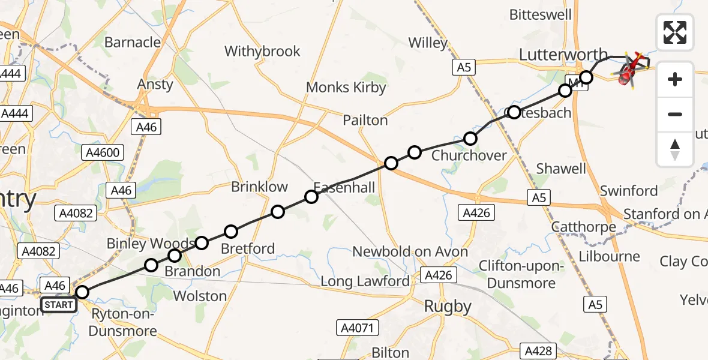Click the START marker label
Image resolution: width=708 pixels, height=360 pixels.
coord(59,305)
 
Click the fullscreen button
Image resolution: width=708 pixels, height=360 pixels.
coord(675,32)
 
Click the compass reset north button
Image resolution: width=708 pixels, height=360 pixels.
coord(675,149)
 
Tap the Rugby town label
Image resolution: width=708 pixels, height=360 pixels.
coord(448,307)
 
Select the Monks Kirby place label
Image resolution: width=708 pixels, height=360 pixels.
coord(346,88)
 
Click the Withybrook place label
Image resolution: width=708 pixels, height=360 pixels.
coord(262,52)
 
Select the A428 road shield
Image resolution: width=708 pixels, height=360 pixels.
coord(538,350)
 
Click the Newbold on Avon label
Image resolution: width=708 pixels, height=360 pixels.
coord(410,252)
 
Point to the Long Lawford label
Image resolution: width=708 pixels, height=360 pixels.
coord(365,281)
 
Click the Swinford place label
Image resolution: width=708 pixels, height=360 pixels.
coord(629,191)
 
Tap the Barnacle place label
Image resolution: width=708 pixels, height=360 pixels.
coord(133,43)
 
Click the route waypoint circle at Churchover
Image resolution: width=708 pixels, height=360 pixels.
coord(470,139)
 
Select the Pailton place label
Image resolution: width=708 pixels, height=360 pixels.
coord(365,121)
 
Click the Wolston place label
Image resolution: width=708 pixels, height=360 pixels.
coord(200,296)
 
